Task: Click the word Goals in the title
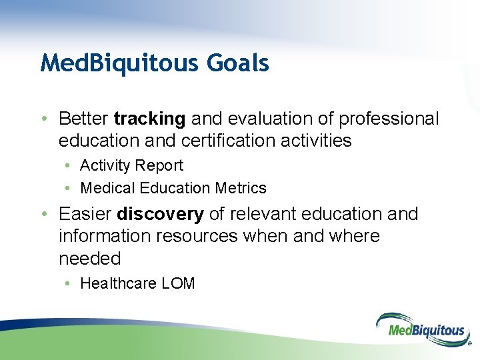238,63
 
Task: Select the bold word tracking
150,119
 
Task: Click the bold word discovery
160,214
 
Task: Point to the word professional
389,119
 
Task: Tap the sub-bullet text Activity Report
131,166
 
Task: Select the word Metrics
241,188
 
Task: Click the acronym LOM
178,283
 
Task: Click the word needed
90,259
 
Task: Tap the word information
105,236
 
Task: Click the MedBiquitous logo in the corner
424,330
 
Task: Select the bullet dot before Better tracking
45,119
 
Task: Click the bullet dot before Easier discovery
45,214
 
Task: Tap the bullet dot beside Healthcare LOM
67,283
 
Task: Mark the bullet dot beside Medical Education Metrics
67,188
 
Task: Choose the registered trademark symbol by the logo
470,343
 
